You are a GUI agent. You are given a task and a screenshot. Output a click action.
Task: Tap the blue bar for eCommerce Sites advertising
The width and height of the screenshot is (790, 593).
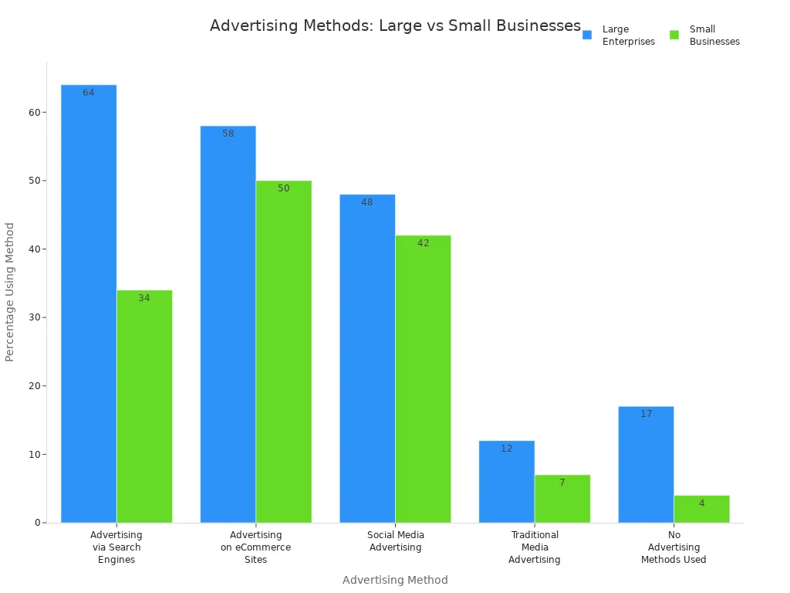coord(228,324)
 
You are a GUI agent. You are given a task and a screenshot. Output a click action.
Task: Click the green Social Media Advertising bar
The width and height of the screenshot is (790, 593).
coord(423,378)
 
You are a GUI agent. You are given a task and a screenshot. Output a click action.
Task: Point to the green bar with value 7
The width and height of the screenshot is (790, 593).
coord(562,499)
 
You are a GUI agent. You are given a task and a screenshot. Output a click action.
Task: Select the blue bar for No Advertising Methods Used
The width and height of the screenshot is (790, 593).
coord(646,464)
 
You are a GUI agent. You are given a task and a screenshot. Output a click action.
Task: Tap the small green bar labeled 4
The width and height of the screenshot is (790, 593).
coord(701,509)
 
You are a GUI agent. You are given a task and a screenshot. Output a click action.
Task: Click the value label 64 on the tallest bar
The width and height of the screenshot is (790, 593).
coord(89,93)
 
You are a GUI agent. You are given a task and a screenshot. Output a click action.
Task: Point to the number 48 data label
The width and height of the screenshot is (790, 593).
coord(367,202)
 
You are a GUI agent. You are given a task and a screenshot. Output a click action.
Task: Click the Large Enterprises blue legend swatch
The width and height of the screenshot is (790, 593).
coord(587,35)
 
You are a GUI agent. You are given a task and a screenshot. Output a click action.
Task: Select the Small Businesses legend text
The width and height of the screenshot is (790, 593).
coord(714,36)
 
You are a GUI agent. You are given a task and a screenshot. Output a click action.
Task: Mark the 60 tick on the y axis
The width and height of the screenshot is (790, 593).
coord(34,112)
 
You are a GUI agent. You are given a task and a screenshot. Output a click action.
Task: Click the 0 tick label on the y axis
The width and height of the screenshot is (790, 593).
coord(36,523)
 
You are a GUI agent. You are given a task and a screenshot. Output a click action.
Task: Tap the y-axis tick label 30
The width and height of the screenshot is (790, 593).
coord(34,317)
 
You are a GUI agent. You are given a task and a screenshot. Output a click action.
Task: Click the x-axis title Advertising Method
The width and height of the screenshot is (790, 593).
coord(395,580)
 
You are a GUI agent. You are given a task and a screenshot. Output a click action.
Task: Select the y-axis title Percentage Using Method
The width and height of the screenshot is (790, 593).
coord(10,292)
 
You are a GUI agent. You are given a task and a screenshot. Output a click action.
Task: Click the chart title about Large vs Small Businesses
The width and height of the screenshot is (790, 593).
coord(395,25)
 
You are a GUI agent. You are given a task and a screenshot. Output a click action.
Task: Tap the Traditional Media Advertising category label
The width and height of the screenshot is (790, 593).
coord(534,547)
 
